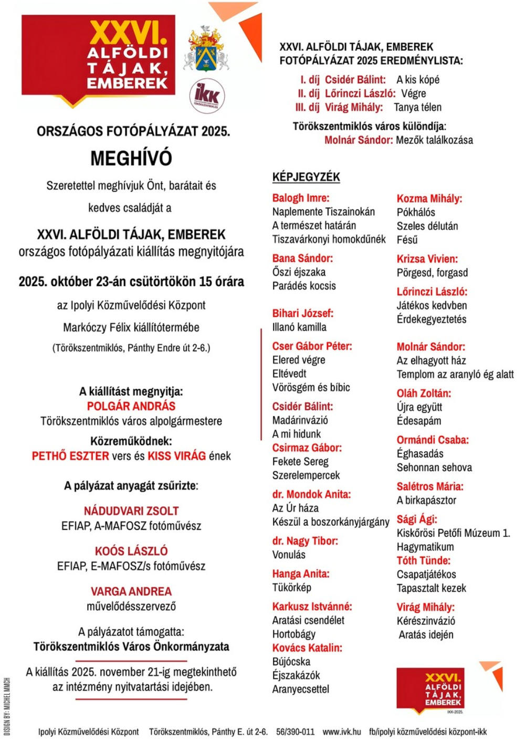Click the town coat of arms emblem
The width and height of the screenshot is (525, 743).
[206, 50]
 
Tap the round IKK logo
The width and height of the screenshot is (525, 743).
[207, 96]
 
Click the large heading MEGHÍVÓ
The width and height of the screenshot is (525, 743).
[131, 158]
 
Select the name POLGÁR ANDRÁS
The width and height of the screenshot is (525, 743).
[131, 406]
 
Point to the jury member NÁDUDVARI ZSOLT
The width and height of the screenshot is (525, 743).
[131, 511]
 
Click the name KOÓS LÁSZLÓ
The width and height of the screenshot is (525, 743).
[131, 551]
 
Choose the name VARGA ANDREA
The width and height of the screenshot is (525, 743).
[131, 591]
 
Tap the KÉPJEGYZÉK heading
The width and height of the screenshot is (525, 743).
[306, 177]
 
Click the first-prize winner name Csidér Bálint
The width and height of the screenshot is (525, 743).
[355, 80]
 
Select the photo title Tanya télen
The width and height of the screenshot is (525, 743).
[418, 108]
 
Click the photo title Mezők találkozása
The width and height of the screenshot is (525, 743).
[435, 140]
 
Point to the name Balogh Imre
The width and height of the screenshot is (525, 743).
[301, 198]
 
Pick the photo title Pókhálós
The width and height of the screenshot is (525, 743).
[416, 213]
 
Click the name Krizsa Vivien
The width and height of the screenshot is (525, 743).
[427, 259]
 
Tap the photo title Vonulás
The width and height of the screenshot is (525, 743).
[289, 555]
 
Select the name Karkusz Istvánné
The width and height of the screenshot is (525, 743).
[312, 607]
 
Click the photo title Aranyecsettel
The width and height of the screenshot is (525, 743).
[301, 689]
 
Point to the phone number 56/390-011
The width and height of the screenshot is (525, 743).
[296, 731]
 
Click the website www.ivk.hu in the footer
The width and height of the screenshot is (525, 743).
[342, 731]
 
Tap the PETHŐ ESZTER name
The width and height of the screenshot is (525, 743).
[70, 457]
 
